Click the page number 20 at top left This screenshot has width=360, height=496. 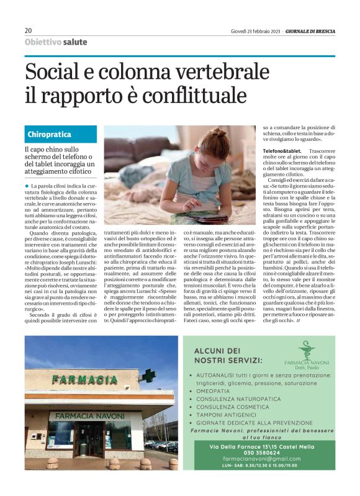pyautogui.click(x=28, y=30)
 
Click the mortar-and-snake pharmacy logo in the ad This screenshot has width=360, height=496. pyautogui.click(x=306, y=350)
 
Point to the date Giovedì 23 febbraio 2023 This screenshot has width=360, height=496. pyautogui.click(x=255, y=30)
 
